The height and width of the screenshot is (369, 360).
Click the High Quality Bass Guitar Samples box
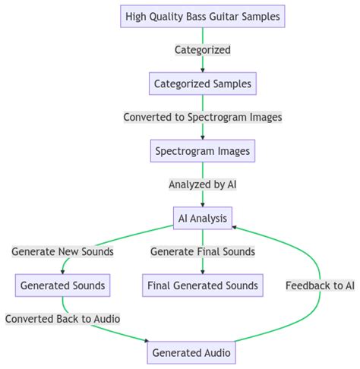[202, 16]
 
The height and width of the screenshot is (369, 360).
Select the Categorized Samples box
[202, 84]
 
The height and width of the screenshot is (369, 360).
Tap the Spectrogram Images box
[202, 151]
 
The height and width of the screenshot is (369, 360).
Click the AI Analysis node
[202, 219]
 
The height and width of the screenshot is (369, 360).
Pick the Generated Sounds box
[63, 285]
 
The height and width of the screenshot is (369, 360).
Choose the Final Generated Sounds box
[202, 285]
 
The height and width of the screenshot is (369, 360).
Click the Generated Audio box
[191, 353]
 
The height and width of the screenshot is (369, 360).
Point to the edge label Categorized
[202, 50]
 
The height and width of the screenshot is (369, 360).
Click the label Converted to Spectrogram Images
[202, 118]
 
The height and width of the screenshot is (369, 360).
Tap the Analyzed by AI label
[202, 184]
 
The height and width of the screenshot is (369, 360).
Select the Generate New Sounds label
[63, 252]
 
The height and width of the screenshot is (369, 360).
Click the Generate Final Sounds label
[202, 252]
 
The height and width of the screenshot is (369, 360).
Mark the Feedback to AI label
[320, 285]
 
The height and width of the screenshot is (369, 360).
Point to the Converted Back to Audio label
[63, 319]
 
